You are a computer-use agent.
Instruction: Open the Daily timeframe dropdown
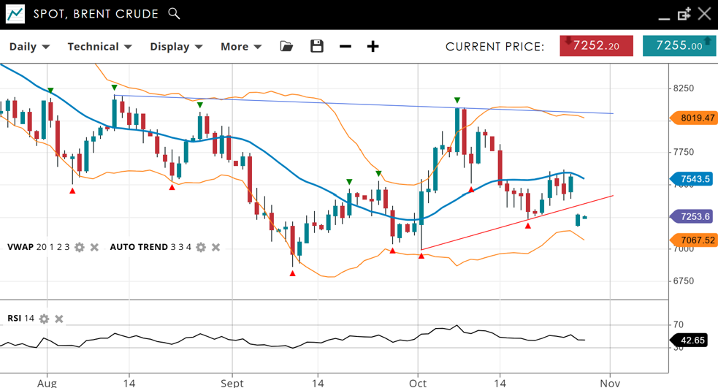tap(29, 47)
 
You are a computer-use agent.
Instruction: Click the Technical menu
tap(99, 47)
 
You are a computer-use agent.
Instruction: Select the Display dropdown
tap(176, 47)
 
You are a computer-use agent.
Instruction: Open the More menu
tap(241, 47)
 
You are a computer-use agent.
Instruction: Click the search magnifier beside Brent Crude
tap(174, 13)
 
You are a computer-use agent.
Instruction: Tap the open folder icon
tap(286, 47)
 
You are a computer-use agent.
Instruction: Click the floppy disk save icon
tap(317, 46)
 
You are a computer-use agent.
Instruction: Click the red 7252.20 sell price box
tap(596, 46)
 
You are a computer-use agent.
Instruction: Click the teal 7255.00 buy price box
tap(679, 46)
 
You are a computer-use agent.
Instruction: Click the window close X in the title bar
tap(704, 13)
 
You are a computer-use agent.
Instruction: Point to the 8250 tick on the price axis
tap(684, 88)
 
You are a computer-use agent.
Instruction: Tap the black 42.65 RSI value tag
tap(691, 341)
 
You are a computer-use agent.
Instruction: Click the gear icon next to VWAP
tap(80, 248)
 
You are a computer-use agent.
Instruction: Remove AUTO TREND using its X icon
tap(215, 248)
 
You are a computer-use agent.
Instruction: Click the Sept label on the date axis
tap(232, 382)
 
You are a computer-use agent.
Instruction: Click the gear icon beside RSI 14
tap(44, 319)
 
